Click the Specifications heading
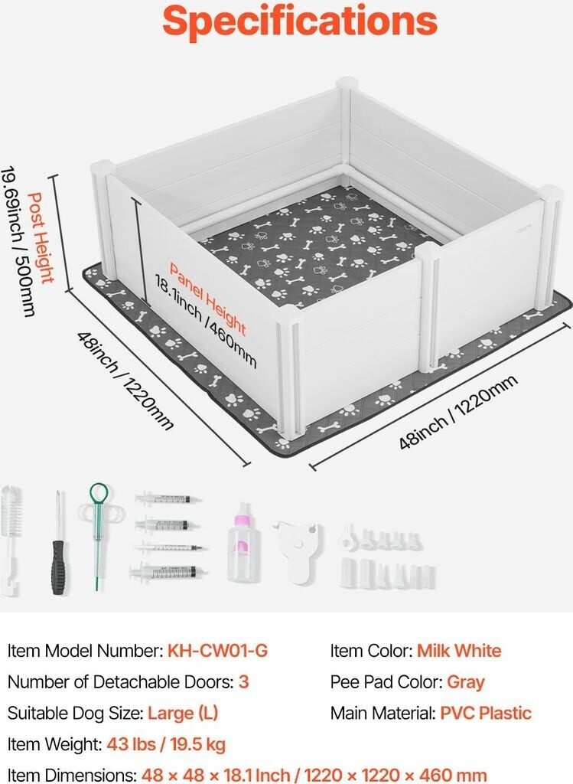pyautogui.click(x=300, y=22)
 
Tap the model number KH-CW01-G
pyautogui.click(x=217, y=652)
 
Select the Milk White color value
pyautogui.click(x=459, y=652)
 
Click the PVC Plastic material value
pyautogui.click(x=485, y=714)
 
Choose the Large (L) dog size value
pyautogui.click(x=183, y=714)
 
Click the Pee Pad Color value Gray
pyautogui.click(x=466, y=682)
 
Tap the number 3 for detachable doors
pyautogui.click(x=244, y=682)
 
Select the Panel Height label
pyautogui.click(x=207, y=299)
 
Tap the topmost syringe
pyautogui.click(x=168, y=499)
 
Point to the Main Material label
pyautogui.click(x=382, y=714)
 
